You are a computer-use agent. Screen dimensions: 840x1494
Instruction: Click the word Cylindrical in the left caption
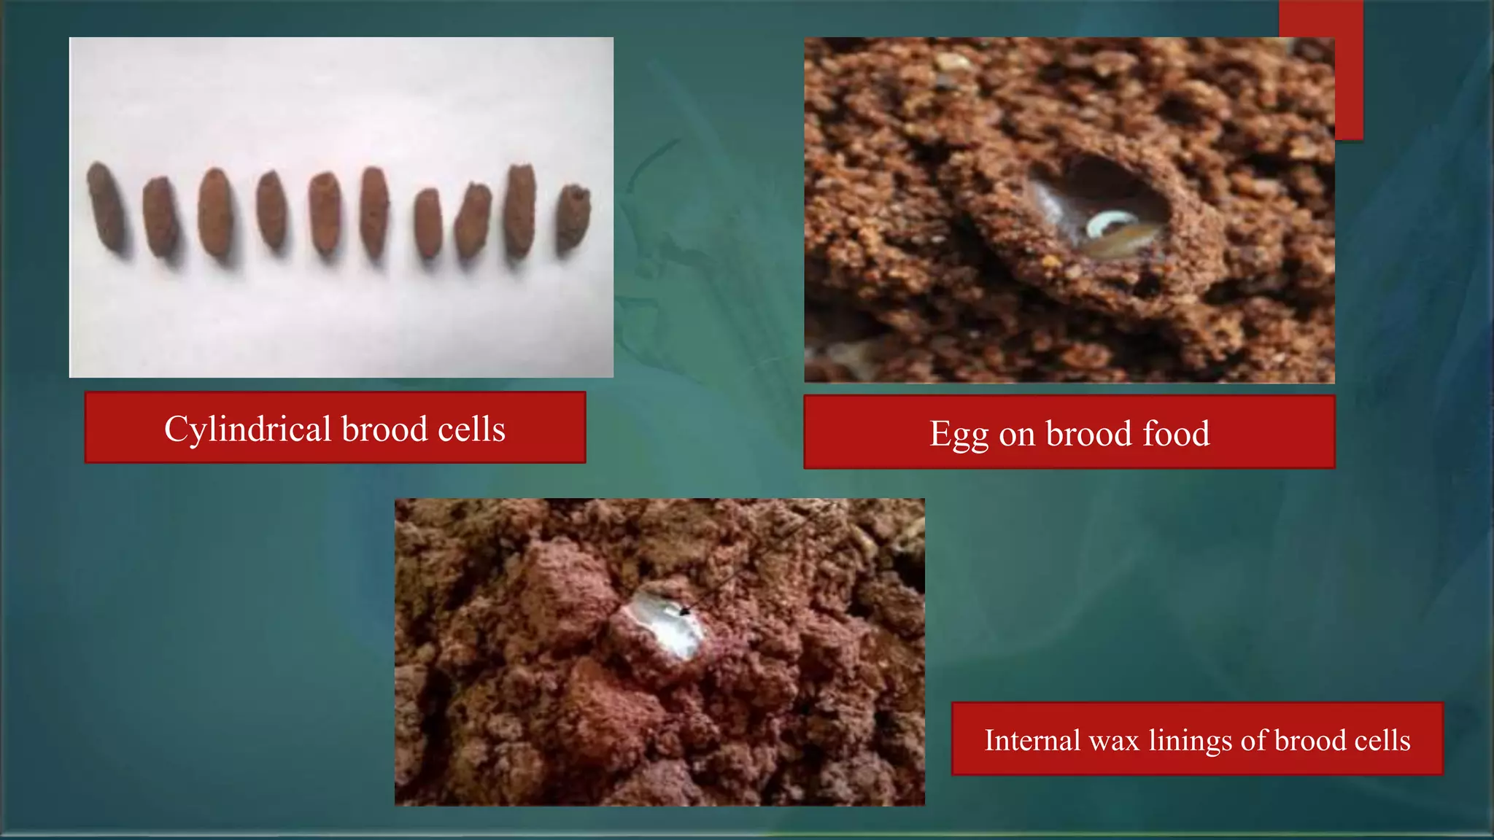(247, 429)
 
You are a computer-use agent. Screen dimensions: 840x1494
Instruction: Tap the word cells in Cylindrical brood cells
(471, 429)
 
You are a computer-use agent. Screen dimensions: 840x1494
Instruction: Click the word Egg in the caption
(959, 434)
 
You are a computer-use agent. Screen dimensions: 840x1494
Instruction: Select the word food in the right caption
(1176, 433)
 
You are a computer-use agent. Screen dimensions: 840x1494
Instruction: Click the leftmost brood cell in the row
(107, 207)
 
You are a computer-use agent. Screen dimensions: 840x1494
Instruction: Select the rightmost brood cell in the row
(573, 219)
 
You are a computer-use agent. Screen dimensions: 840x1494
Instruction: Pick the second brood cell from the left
(160, 217)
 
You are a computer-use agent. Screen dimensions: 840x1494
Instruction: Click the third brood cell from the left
(215, 213)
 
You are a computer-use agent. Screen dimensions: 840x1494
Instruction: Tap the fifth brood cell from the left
(325, 213)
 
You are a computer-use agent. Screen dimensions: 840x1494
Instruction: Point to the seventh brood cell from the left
(428, 224)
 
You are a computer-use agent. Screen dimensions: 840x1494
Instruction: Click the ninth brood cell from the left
(520, 210)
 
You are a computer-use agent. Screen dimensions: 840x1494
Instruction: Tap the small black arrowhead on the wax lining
(684, 611)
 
